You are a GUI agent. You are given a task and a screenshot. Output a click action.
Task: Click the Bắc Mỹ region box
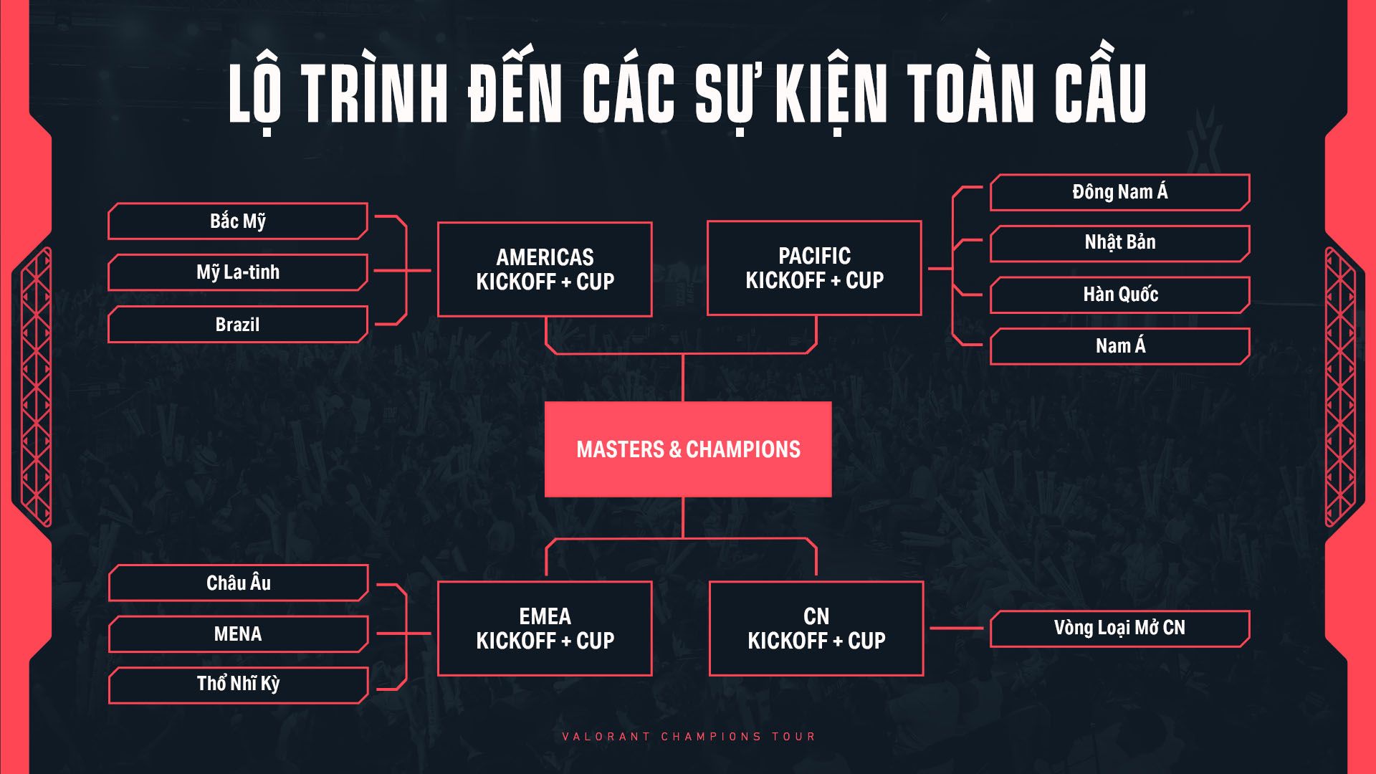tap(238, 221)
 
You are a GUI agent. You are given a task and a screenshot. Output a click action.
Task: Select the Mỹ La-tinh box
tap(238, 272)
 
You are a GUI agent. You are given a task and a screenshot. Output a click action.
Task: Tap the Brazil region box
tap(238, 324)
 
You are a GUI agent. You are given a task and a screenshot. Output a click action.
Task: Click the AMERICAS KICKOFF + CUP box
tap(545, 269)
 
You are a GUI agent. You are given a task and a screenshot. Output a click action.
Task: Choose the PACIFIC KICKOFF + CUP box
tap(814, 268)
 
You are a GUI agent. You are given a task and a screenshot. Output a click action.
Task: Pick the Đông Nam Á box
tap(1119, 192)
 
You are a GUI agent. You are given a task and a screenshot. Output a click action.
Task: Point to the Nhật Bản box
tap(1119, 243)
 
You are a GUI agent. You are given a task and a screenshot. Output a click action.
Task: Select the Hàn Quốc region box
tap(1119, 295)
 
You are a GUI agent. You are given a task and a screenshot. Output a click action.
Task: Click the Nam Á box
tap(1119, 346)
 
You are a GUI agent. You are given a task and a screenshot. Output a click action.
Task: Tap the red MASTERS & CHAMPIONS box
tap(688, 449)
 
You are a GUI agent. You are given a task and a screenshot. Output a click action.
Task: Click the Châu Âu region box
tap(238, 583)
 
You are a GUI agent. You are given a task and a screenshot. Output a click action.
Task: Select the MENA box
tap(238, 634)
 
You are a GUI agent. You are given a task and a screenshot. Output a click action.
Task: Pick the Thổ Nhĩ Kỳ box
tap(238, 684)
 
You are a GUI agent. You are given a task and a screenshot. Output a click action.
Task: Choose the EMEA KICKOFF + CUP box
tap(545, 629)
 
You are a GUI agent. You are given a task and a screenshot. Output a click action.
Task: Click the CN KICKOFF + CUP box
tap(816, 629)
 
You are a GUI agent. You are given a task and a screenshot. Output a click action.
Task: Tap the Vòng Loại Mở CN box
tap(1119, 629)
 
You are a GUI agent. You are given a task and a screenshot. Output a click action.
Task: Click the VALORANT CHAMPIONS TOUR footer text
tap(688, 736)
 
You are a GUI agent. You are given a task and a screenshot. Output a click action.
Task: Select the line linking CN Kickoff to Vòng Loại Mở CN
tap(957, 629)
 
